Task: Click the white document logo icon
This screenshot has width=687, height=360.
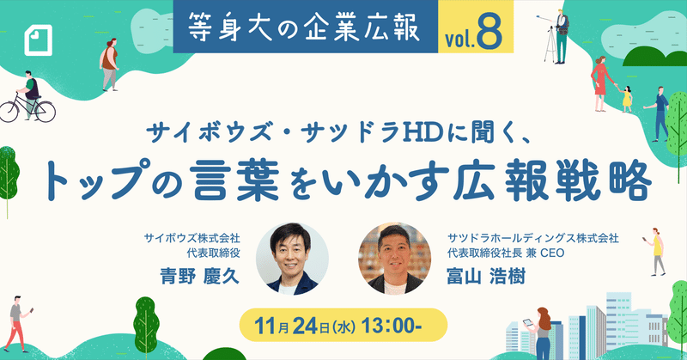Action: coord(38,40)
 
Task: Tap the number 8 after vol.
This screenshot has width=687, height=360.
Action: coord(489,33)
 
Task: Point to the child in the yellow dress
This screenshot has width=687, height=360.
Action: coord(627,99)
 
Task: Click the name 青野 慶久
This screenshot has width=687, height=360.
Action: coord(200,276)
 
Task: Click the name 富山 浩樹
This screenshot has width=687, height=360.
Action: coord(486,277)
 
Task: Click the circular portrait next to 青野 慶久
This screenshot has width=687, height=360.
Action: coord(292,259)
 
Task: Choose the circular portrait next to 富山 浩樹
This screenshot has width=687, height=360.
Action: coord(395,259)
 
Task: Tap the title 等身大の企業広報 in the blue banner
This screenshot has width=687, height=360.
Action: coord(305,27)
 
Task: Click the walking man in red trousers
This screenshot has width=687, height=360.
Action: coord(17,323)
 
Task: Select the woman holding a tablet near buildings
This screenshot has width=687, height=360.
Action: coord(540,333)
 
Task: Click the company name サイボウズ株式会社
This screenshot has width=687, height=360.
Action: coord(192,239)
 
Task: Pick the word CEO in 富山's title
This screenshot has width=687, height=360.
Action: coord(552,253)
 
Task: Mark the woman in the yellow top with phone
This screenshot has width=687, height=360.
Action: coord(655,252)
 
